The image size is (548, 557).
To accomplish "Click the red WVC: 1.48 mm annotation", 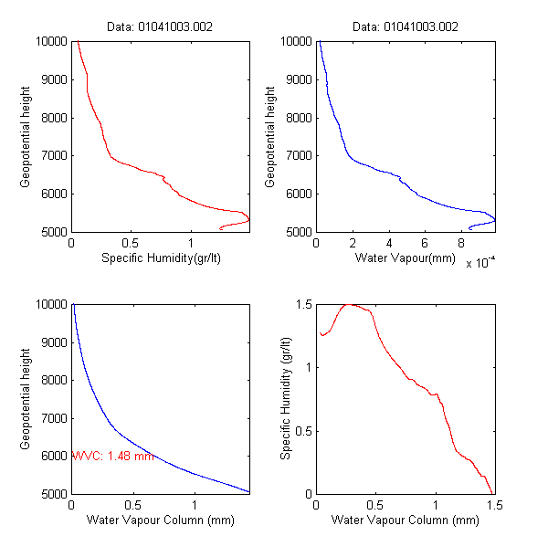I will click(x=111, y=456).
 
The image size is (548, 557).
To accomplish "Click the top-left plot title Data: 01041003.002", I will click(x=160, y=26).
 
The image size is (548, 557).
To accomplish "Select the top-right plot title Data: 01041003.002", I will click(x=405, y=26).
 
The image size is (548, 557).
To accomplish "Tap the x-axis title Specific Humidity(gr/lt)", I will click(x=161, y=259).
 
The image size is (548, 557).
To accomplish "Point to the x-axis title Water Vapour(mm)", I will click(x=405, y=259).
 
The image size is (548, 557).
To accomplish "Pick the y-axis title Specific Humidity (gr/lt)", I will click(x=286, y=399).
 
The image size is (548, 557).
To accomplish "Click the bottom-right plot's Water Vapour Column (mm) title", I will click(x=405, y=520).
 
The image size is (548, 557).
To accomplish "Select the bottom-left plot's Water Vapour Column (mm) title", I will click(x=161, y=520).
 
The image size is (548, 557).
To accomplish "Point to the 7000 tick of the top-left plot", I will click(x=52, y=155).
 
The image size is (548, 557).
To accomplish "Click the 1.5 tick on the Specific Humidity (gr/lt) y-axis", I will click(x=302, y=304).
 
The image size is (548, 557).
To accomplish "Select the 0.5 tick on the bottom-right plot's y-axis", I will click(x=302, y=431).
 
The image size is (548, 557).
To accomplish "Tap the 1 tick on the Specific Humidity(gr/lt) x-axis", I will click(x=191, y=243).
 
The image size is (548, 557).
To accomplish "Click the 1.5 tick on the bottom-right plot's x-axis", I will click(x=494, y=505).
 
